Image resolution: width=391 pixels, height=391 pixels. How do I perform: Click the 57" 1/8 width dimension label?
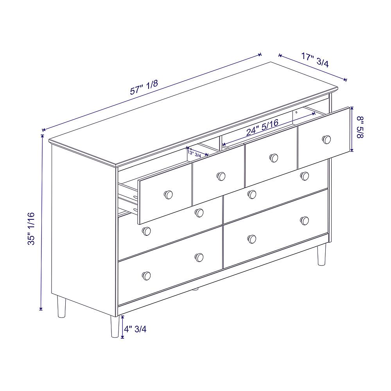pos(144,87)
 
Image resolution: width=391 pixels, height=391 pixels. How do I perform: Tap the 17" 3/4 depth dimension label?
pos(315,60)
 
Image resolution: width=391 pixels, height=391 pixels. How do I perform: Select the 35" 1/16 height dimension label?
pos(31,229)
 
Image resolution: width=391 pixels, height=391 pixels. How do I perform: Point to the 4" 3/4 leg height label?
pos(135,329)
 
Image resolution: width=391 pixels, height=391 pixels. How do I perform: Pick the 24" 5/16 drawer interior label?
pos(262,127)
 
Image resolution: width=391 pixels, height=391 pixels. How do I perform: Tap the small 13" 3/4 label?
pos(194,154)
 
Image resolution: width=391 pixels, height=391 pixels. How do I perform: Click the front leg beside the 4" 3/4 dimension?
pos(115,326)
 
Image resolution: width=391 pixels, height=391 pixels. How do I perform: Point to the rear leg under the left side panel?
pos(61,307)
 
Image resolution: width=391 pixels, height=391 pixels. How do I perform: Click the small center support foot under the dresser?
pos(196,289)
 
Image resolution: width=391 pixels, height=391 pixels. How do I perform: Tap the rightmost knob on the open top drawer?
pos(326,140)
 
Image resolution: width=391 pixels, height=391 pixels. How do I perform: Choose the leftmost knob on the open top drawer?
pos(168,194)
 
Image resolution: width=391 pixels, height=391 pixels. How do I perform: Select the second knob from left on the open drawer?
pos(221,176)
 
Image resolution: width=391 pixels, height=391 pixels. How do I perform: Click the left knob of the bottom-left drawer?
pos(146,276)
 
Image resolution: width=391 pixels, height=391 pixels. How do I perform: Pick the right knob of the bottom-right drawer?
pos(305,221)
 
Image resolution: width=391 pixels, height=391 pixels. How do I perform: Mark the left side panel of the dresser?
pos(84,230)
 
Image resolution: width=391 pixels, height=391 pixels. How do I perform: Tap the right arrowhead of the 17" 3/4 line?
pos(345,79)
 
